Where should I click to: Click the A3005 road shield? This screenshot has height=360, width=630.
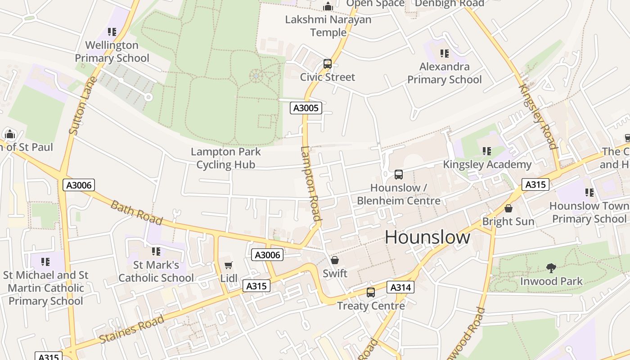pos(306,108)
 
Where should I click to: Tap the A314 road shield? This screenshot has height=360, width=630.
pos(400,287)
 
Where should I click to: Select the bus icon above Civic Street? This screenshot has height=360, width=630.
pos(328,64)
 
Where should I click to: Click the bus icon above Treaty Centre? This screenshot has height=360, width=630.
pos(371,292)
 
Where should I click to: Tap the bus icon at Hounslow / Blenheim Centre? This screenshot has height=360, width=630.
pos(398,174)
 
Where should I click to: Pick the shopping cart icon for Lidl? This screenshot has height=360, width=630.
pos(229,265)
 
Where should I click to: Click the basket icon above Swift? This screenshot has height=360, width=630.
pos(335,260)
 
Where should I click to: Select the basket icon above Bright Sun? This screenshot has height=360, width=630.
pos(508,208)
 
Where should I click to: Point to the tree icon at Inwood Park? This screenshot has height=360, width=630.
pos(551,268)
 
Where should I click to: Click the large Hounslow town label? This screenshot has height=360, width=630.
pos(427,237)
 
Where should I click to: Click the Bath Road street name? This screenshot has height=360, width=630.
pos(136,212)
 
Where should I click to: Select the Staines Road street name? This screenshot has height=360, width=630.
pos(131,329)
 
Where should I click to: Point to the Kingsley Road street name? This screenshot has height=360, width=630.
pos(538,117)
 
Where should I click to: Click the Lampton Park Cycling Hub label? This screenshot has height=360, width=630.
pos(226,158)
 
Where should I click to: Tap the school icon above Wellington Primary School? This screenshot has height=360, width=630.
pos(112,32)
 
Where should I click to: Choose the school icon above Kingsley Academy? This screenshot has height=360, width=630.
pos(486,151)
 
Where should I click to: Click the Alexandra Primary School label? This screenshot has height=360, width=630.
pos(445,73)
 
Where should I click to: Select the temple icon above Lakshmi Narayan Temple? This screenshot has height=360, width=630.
pos(328,6)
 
